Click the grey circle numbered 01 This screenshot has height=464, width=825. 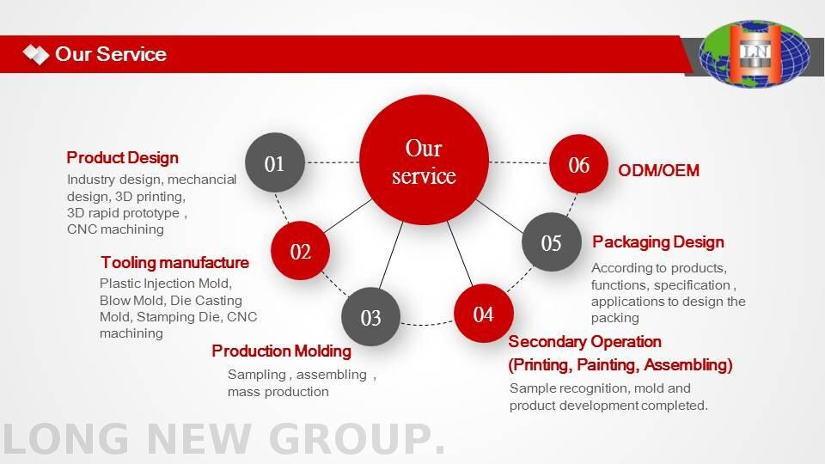click(275, 162)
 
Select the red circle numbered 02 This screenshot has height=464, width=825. click(301, 250)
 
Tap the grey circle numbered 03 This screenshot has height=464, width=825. click(371, 317)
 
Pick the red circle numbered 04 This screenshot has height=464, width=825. click(484, 314)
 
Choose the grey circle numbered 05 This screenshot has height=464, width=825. click(552, 242)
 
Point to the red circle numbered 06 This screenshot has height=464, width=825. click(578, 163)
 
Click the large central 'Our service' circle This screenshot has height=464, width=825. click(424, 160)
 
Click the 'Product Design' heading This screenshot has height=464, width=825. click(123, 158)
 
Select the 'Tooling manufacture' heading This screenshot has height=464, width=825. click(174, 262)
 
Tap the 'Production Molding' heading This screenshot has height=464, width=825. click(282, 351)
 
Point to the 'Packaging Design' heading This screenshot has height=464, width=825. click(658, 242)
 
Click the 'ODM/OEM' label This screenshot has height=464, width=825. click(659, 170)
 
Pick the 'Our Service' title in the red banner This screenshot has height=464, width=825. click(111, 54)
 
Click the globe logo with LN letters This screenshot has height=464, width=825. click(754, 53)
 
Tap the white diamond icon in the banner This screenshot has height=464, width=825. click(36, 54)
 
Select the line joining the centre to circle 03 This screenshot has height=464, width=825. click(391, 254)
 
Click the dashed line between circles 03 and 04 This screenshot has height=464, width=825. click(427, 324)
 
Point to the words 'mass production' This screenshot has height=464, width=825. click(278, 392)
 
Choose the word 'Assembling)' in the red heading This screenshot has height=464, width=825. click(688, 364)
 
